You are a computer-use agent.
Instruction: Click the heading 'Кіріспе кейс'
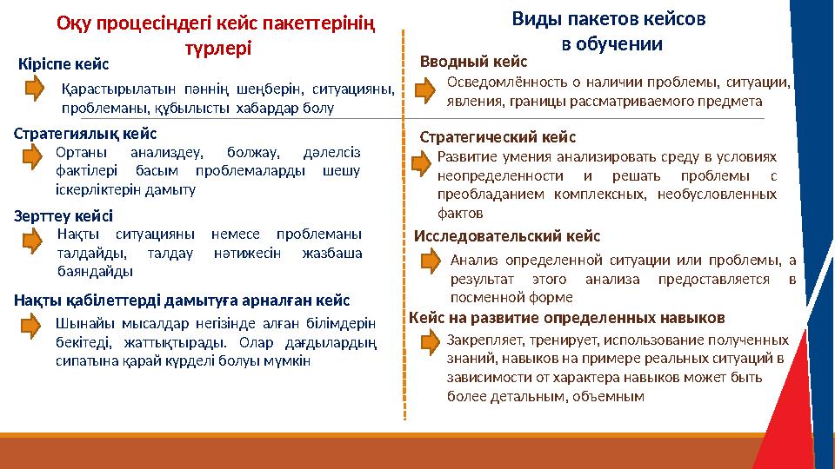click(x=64, y=63)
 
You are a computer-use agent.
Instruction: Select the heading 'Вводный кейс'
click(x=474, y=62)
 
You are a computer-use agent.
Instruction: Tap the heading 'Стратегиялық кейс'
click(x=86, y=134)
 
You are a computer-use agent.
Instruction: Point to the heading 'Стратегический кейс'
click(x=498, y=137)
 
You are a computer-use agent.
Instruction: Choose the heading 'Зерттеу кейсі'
click(x=63, y=215)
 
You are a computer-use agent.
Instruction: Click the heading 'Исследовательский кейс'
click(x=507, y=235)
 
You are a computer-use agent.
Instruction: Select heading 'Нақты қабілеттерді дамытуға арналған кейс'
click(x=182, y=301)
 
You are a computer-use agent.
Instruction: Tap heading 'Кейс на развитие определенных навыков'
click(x=567, y=317)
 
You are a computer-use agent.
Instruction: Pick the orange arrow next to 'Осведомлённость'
click(x=426, y=89)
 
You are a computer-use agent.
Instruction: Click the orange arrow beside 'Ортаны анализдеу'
click(x=33, y=156)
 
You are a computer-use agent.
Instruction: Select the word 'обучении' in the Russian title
click(x=623, y=44)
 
